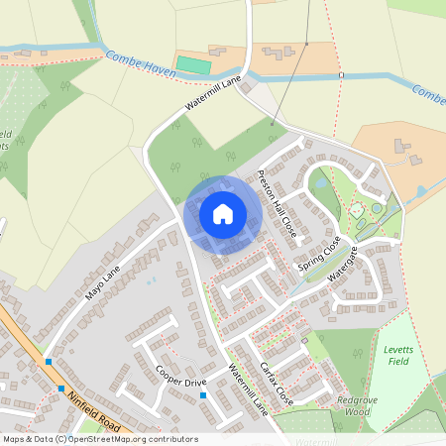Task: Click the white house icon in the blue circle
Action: [x=223, y=214]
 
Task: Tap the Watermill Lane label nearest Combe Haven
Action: [x=213, y=100]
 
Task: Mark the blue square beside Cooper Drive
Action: [x=203, y=396]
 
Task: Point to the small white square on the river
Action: [x=340, y=75]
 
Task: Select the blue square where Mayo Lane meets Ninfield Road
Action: [x=48, y=362]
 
